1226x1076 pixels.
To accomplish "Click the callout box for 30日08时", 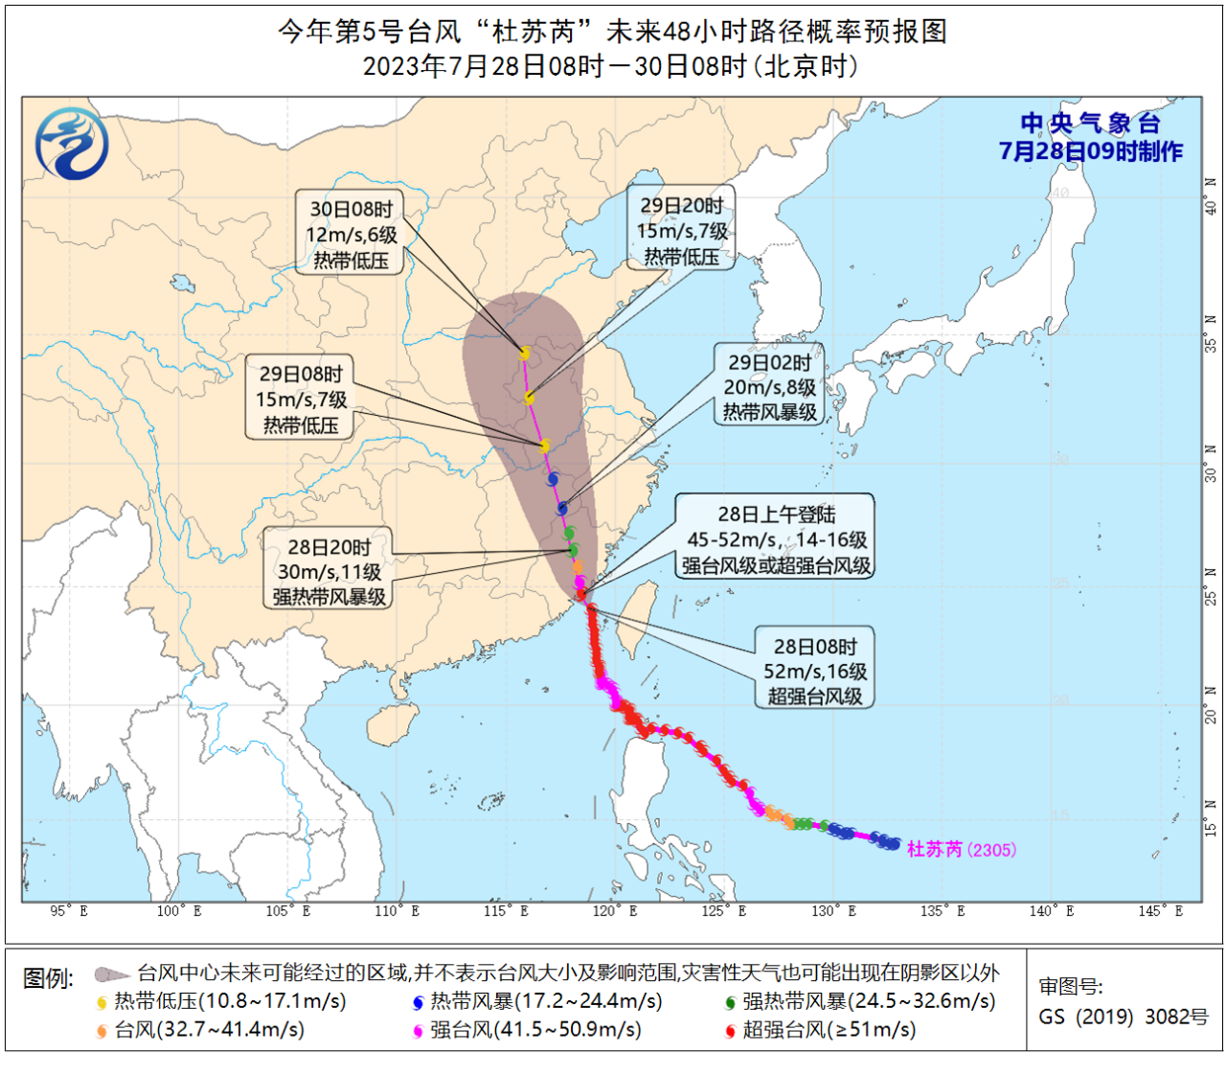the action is pos(351,235).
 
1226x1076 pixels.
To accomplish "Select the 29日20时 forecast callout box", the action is pos(682,231).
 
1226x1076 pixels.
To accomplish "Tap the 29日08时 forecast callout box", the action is pos(301,400).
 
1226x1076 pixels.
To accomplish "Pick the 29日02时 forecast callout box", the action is pos(769,387).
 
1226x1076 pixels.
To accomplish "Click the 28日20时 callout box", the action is pos(329,572).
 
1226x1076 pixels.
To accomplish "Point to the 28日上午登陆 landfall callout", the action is pos(776,539).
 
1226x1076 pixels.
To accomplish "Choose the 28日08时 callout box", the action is pos(814,671).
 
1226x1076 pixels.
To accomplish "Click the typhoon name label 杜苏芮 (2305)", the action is pos(961,849).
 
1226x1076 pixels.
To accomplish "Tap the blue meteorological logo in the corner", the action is pos(72,144).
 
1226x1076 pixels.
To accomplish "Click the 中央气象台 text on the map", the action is pos(1090,123).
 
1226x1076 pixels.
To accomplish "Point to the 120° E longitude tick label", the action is pos(615,911).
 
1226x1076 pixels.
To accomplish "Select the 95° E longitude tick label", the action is pos(69,911).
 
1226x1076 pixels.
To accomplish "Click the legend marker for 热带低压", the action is pos(102,1003).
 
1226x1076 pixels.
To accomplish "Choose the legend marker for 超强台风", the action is pos(730,1031).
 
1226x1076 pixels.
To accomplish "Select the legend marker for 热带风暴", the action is pos(418,1003).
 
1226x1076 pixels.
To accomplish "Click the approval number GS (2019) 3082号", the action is pos(1123,1017).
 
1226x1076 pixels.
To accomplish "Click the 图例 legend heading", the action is pos(48,978).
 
